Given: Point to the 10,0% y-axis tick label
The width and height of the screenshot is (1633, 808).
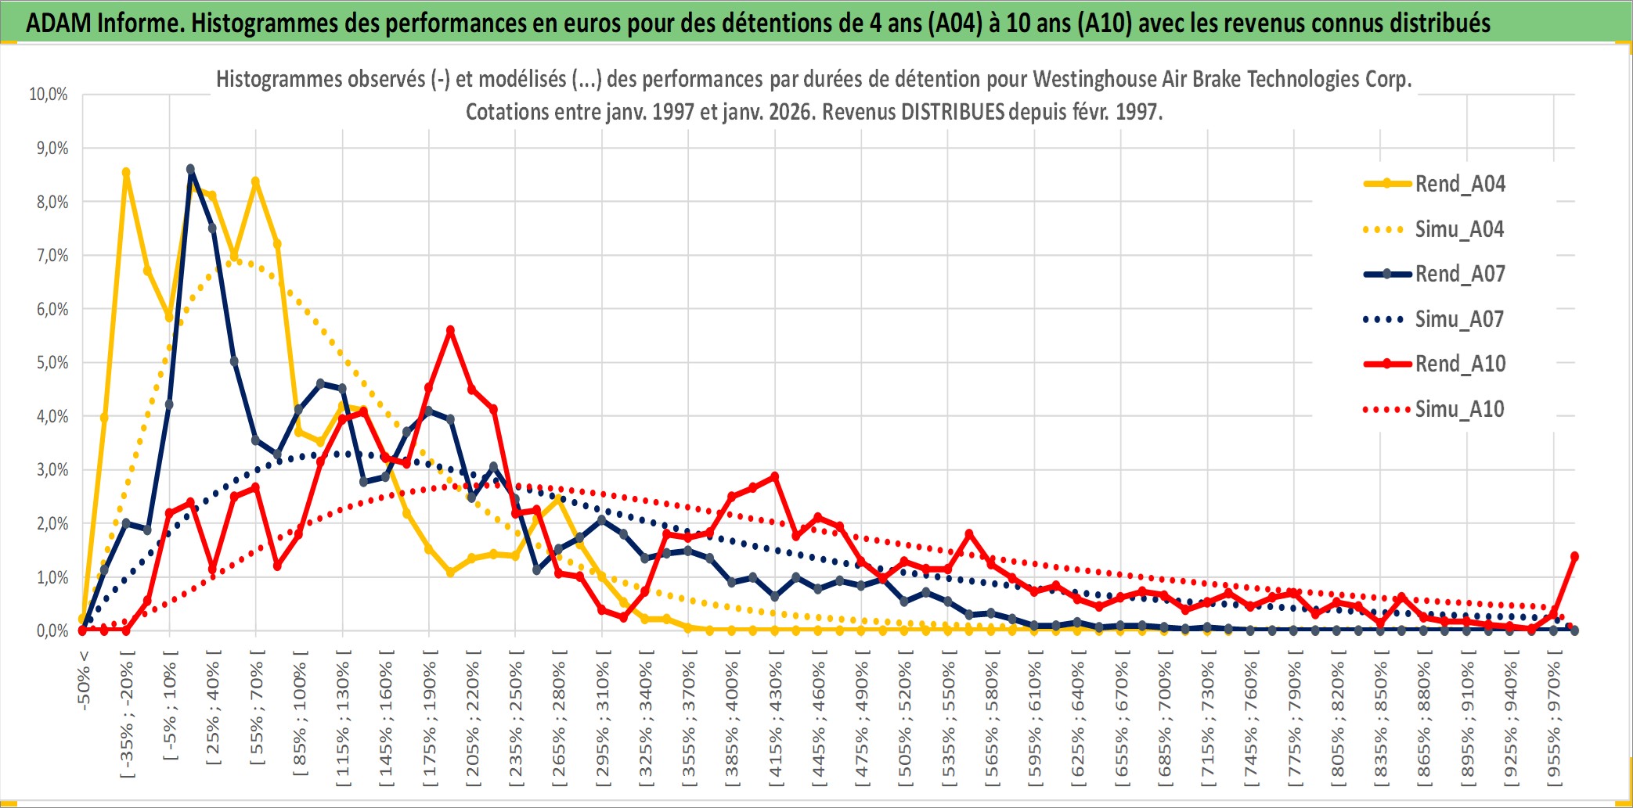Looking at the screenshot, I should click(x=49, y=95).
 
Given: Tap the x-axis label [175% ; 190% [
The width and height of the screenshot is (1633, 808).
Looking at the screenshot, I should click(x=429, y=720).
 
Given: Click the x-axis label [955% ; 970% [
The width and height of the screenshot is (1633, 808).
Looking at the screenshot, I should click(x=1554, y=720).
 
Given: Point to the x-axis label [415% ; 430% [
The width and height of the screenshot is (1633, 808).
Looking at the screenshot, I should click(x=775, y=720).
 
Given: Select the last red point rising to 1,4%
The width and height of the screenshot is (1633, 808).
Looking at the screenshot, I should click(x=1574, y=556).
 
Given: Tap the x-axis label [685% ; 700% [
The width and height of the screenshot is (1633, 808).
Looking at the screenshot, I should click(x=1165, y=720).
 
